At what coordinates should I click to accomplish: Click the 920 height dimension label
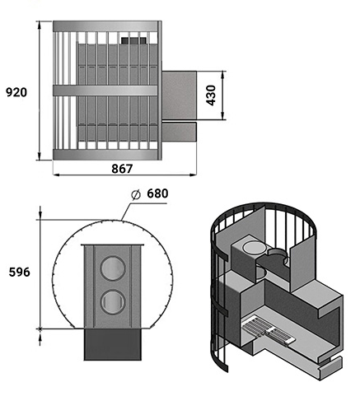tap(16, 92)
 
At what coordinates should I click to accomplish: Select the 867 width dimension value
tap(122, 169)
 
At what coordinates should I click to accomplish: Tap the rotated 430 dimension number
tap(211, 96)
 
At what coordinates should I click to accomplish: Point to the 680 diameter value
tap(157, 193)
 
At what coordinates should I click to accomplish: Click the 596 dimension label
tap(19, 273)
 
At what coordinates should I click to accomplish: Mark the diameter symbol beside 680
tap(136, 194)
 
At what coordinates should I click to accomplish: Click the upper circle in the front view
tap(113, 268)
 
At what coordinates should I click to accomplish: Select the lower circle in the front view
tap(113, 302)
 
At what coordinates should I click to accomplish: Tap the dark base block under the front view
tap(112, 344)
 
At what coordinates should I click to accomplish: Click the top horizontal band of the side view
tap(105, 26)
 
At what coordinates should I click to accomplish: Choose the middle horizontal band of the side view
tap(105, 91)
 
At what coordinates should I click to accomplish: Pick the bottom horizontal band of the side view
tap(105, 155)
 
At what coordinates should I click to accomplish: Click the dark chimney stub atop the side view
tap(133, 40)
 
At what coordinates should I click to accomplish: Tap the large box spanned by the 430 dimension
tap(179, 96)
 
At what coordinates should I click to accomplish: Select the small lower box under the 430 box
tap(179, 132)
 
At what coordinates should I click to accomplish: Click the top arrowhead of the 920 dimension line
tap(40, 25)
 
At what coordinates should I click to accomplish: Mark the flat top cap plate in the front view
tap(112, 245)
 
